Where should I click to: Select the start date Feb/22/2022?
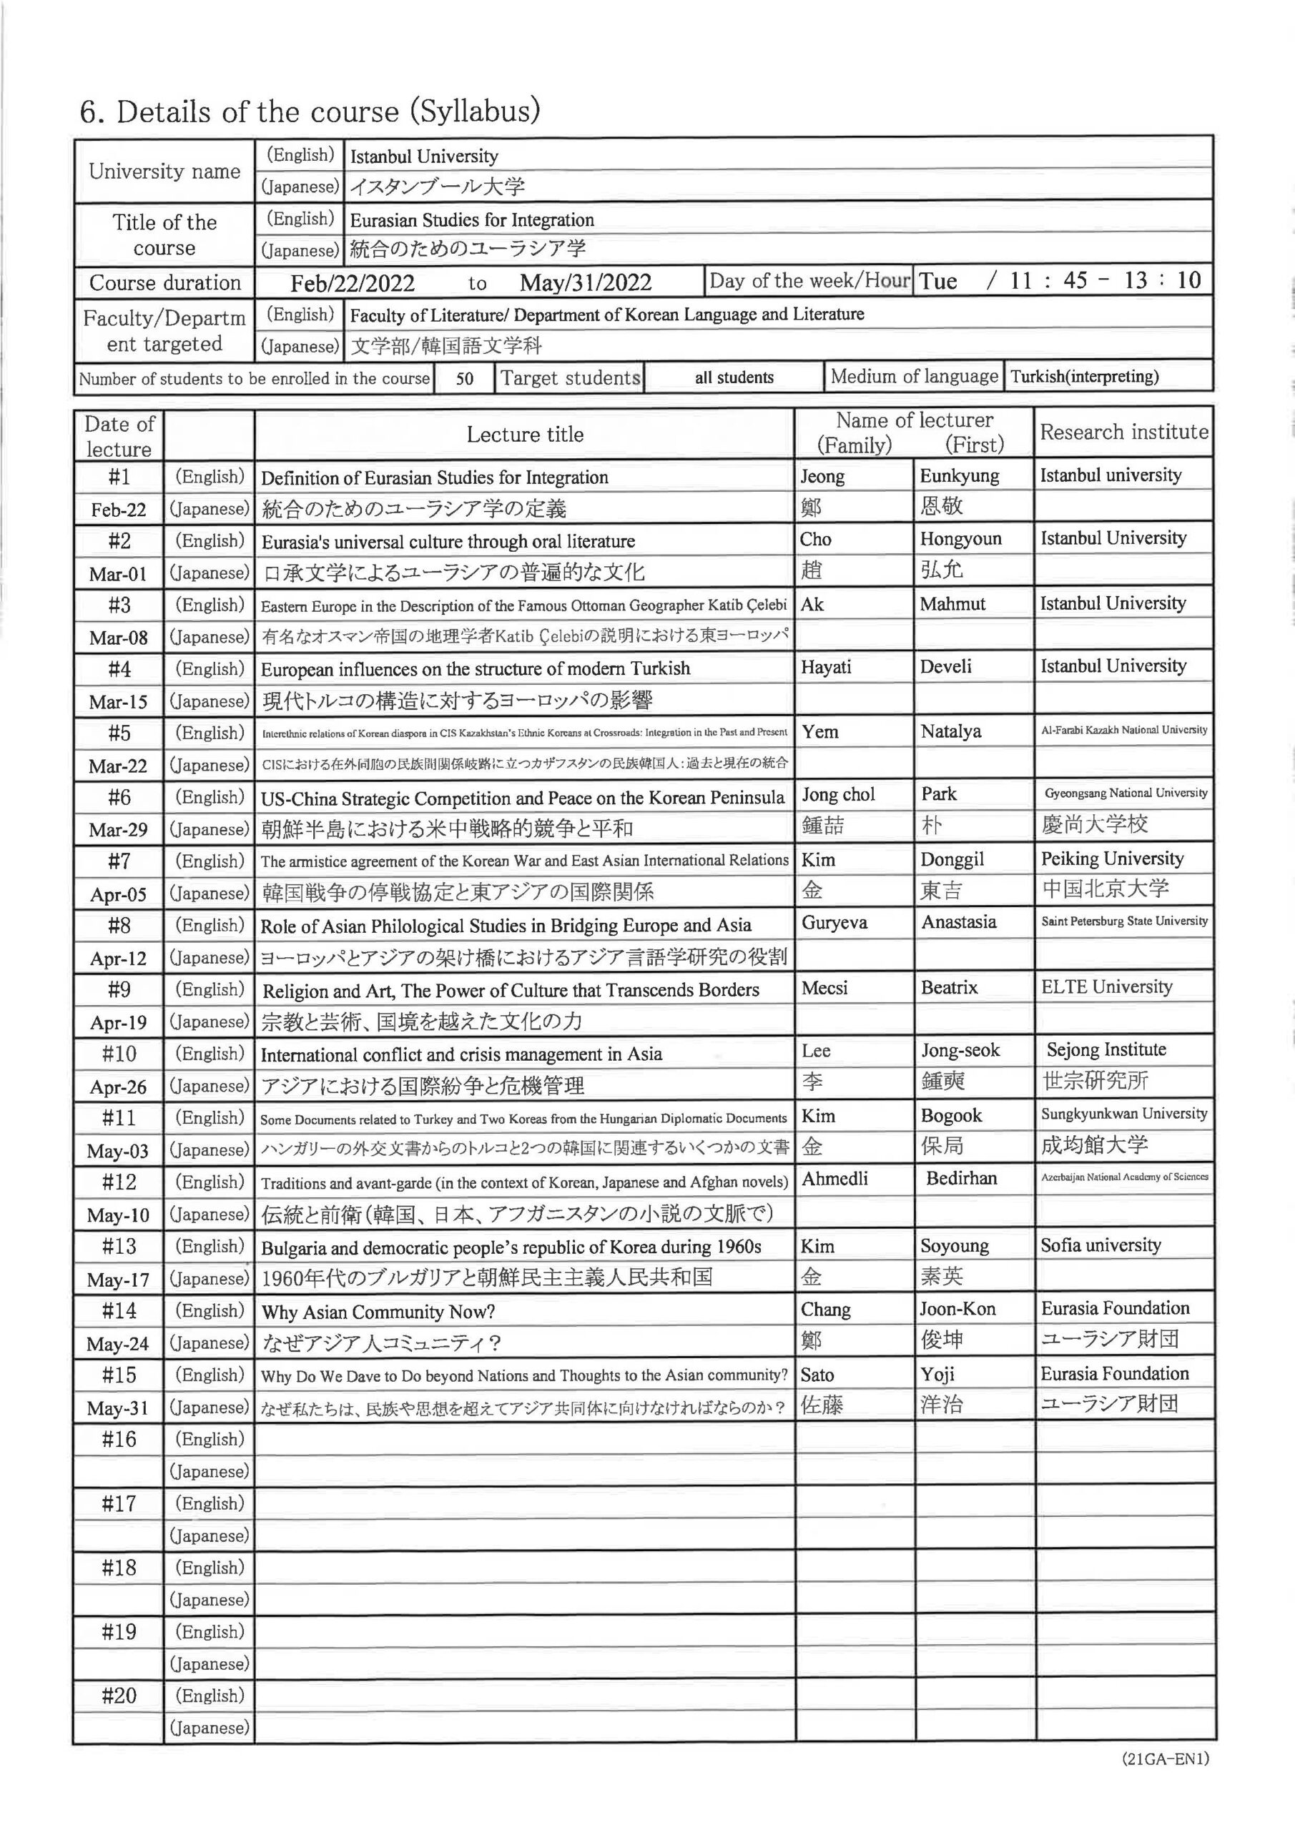353,283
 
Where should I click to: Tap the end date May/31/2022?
586,282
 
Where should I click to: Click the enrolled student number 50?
465,379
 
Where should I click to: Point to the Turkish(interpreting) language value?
1085,376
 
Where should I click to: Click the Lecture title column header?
525,435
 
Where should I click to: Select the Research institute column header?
1124,432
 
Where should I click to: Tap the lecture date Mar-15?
118,702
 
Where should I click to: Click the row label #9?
119,989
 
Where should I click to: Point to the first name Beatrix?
949,987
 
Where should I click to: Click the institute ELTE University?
1106,986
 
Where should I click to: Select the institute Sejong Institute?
1106,1049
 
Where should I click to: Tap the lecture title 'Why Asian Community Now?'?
378,1312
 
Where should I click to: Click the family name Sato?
817,1374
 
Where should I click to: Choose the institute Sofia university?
1100,1245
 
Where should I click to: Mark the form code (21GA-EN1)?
1165,1781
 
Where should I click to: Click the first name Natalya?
950,731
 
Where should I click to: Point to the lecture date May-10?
118,1215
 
